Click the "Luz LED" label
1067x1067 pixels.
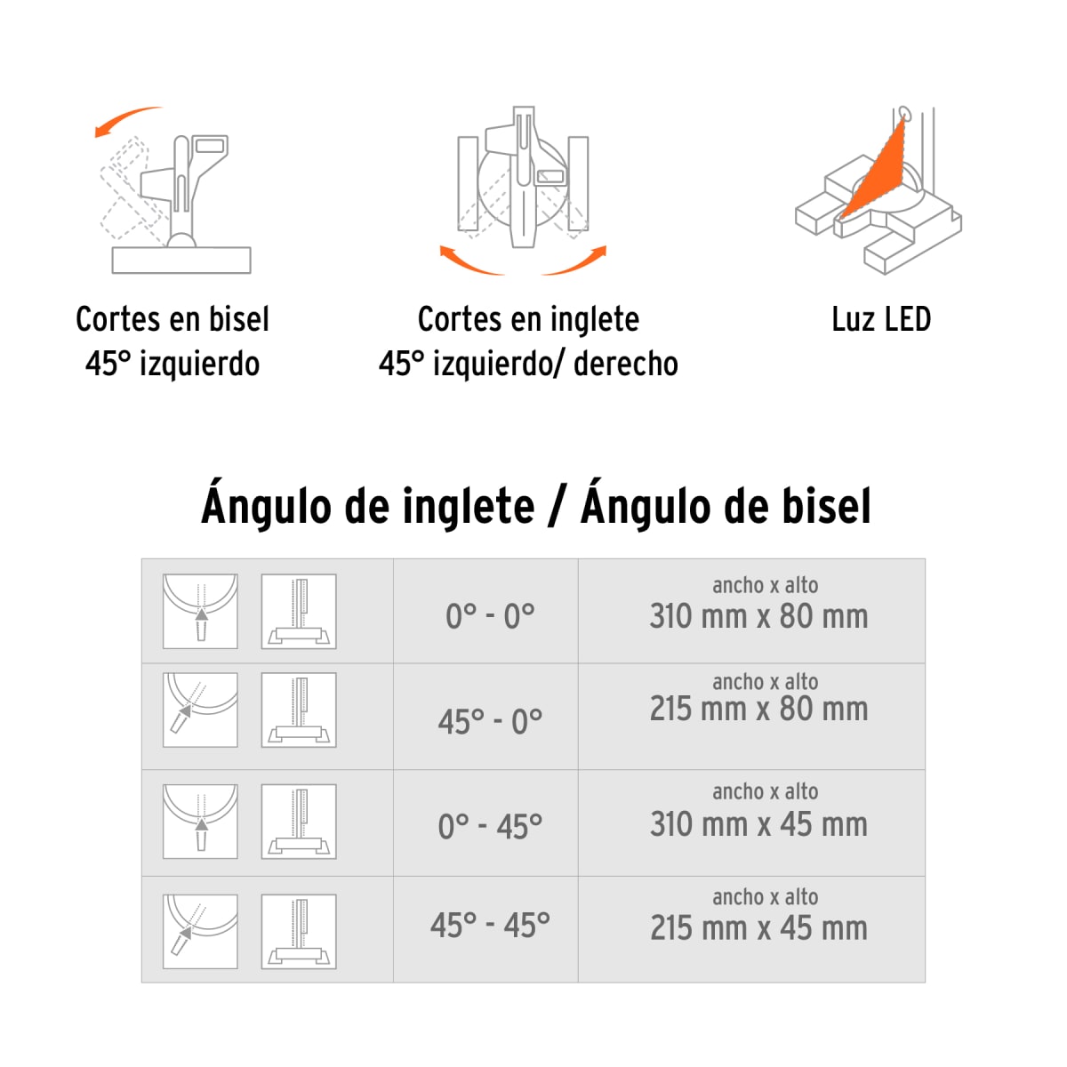pyautogui.click(x=880, y=319)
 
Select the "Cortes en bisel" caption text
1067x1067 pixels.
pyautogui.click(x=172, y=319)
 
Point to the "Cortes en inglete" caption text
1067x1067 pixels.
pyautogui.click(x=528, y=319)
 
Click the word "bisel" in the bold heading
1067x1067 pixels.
pyautogui.click(x=826, y=506)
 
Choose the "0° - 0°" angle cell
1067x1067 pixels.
pyautogui.click(x=490, y=615)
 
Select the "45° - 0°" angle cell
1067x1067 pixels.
pyautogui.click(x=490, y=721)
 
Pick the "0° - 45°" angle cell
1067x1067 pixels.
pyautogui.click(x=490, y=826)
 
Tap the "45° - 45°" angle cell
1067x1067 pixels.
pyautogui.click(x=490, y=926)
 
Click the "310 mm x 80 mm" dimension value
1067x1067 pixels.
pyautogui.click(x=758, y=616)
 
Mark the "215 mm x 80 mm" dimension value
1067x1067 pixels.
pyautogui.click(x=758, y=709)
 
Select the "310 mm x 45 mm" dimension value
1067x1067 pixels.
pyautogui.click(x=758, y=824)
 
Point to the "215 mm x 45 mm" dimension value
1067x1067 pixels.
pyautogui.click(x=758, y=928)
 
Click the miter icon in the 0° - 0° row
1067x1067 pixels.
pyautogui.click(x=200, y=611)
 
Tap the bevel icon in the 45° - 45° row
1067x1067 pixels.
pyautogui.click(x=299, y=931)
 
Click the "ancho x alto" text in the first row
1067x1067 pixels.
pyautogui.click(x=765, y=585)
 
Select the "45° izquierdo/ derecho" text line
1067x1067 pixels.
pyautogui.click(x=528, y=364)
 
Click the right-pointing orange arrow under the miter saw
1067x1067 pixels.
pyautogui.click(x=576, y=261)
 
